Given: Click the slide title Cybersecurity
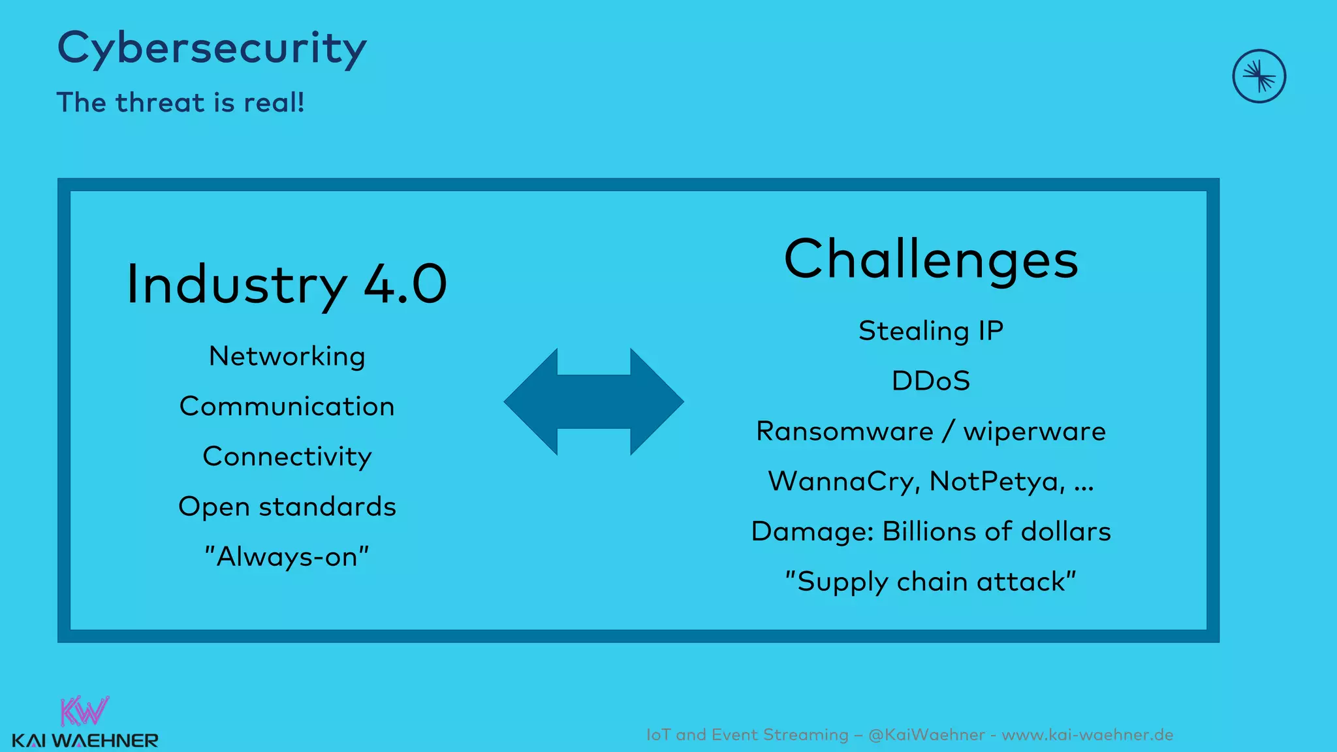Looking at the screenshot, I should click(x=212, y=48).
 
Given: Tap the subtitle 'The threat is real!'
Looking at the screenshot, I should click(x=180, y=103).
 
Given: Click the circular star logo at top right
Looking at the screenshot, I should click(x=1259, y=76).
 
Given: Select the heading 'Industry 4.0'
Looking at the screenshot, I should click(x=286, y=285).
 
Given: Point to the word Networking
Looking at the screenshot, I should click(x=287, y=356).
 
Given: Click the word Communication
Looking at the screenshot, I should click(x=287, y=407).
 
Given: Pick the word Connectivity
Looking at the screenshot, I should click(x=287, y=456).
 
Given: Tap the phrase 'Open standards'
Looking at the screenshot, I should click(x=287, y=507).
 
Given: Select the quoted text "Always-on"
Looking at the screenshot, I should click(x=287, y=557).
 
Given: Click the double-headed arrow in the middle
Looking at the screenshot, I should click(x=593, y=401).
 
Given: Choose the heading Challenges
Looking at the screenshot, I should click(x=930, y=259).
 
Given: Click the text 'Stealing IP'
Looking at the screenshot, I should click(x=930, y=331).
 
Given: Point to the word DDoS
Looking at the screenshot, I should click(x=930, y=381).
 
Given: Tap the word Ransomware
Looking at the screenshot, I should click(x=844, y=431).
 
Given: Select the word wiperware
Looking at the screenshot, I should click(x=1034, y=431).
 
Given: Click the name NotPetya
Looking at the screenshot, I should click(x=996, y=482).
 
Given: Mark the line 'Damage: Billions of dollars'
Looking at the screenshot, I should click(x=930, y=531).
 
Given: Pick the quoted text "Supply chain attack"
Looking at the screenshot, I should click(x=930, y=582).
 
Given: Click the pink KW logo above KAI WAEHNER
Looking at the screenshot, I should click(x=84, y=712).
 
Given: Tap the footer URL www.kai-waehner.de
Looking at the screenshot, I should click(x=1087, y=735).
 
